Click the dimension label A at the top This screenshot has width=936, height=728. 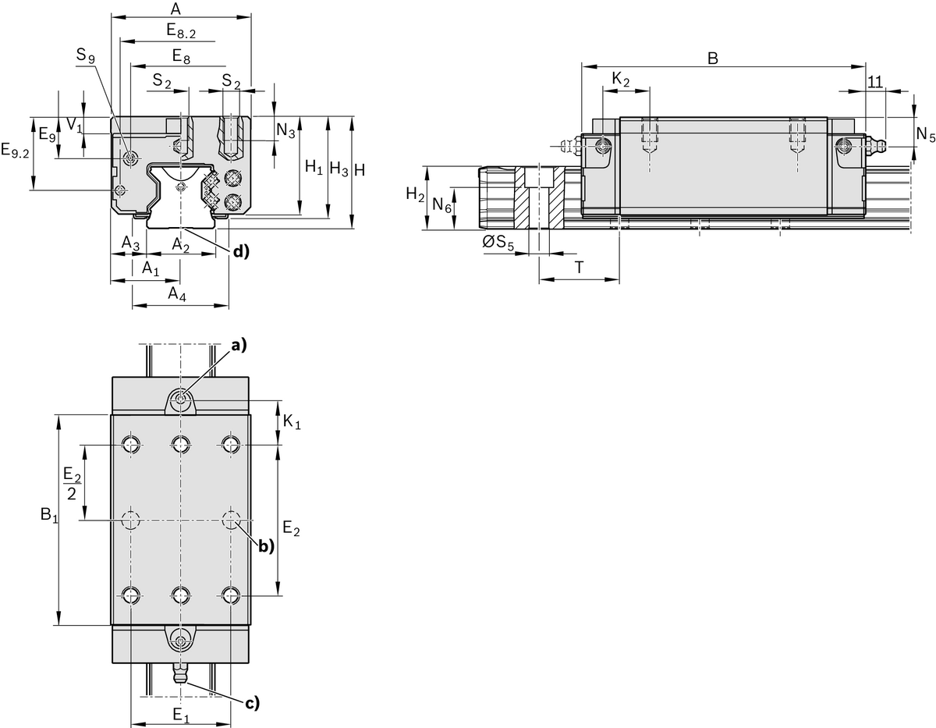tap(175, 9)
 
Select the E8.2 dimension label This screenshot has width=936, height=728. tap(180, 31)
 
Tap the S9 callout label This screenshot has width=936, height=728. tap(87, 56)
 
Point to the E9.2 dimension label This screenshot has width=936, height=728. tap(15, 151)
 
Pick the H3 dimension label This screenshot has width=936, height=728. tap(339, 168)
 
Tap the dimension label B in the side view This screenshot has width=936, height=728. tap(712, 58)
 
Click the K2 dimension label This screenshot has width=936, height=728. tap(621, 80)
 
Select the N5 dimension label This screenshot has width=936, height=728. tap(925, 134)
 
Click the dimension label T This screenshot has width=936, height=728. tap(580, 267)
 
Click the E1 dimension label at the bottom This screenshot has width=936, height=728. tap(180, 715)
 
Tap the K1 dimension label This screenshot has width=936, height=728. tap(292, 422)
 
